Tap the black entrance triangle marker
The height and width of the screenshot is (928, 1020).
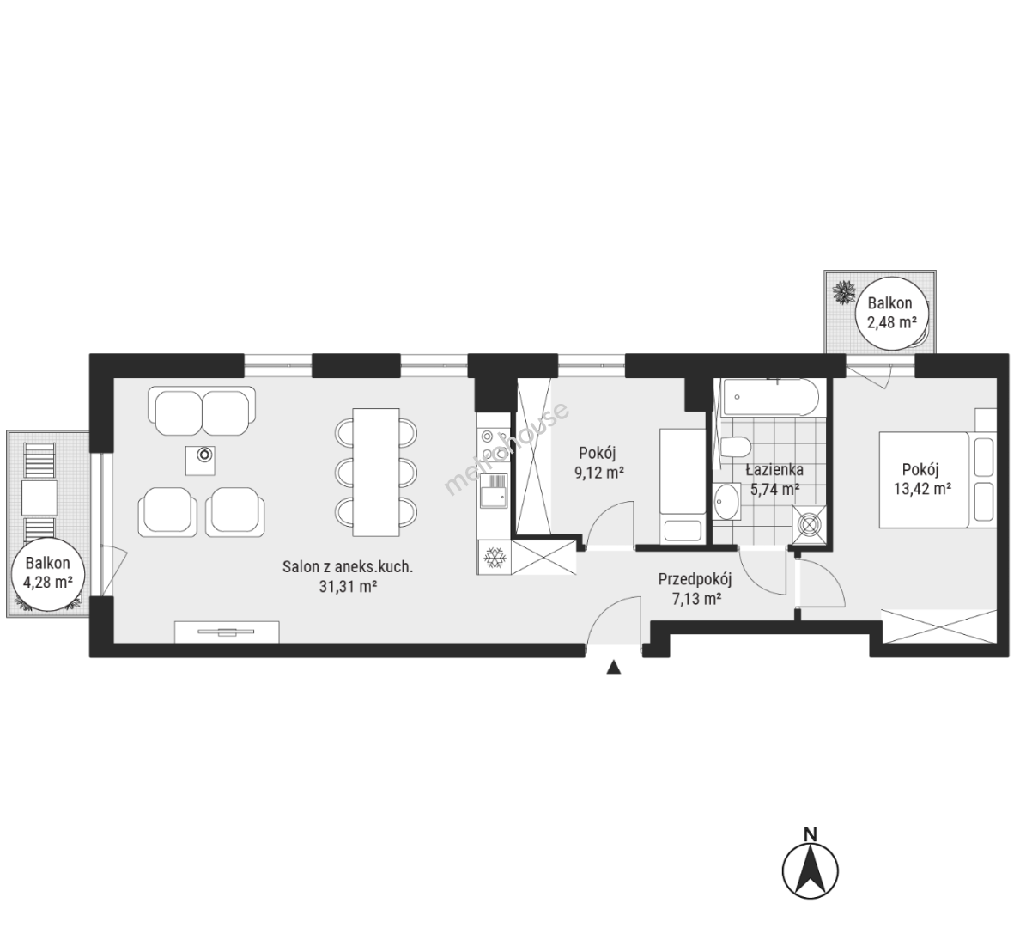[613, 668]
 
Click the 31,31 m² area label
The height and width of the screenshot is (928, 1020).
[348, 586]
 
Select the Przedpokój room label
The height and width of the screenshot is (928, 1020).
[695, 579]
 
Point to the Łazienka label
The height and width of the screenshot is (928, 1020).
[774, 469]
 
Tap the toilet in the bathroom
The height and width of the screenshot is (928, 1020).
[735, 448]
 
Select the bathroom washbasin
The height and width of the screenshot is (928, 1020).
[726, 503]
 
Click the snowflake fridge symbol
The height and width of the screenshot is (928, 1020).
[495, 558]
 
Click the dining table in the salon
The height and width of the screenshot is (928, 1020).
[376, 472]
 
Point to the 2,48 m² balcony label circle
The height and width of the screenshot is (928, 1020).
[889, 313]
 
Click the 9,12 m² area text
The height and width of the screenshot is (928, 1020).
[599, 473]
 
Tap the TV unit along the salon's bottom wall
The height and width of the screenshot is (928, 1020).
[227, 632]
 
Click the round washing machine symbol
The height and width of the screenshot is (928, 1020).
[810, 524]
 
